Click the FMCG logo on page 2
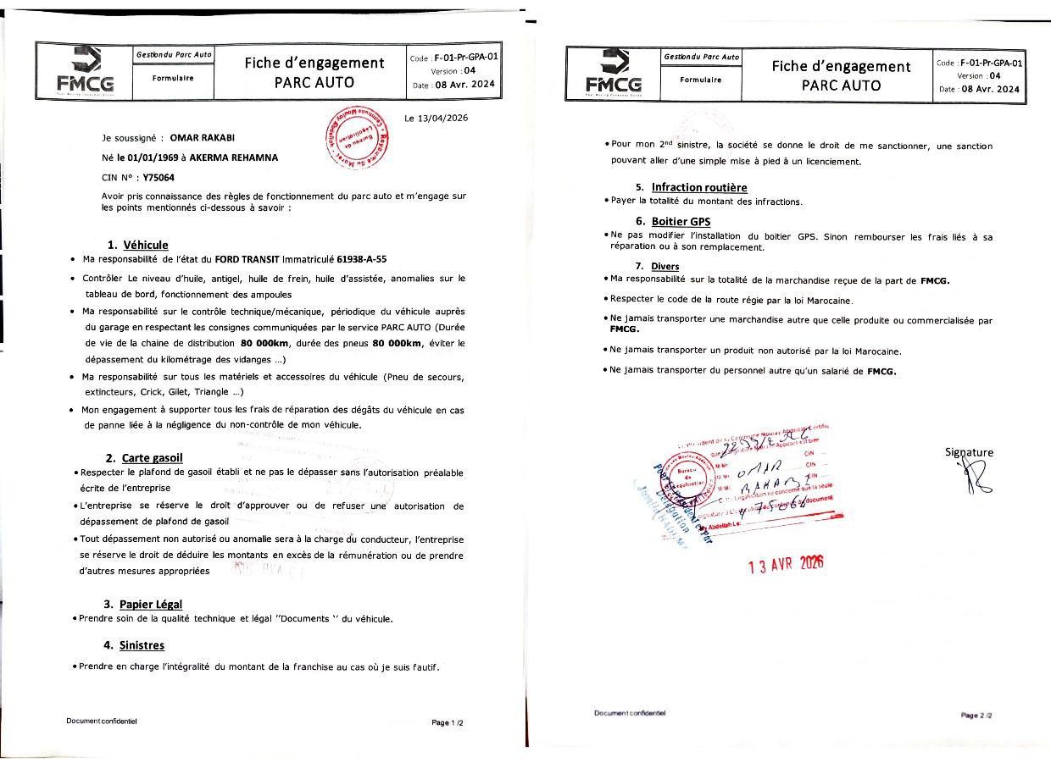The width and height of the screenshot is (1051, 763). click(613, 74)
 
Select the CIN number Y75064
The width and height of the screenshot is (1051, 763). click(160, 178)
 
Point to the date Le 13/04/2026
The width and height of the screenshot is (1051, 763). click(436, 118)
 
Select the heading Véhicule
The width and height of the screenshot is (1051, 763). click(145, 245)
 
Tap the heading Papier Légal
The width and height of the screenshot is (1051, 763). click(150, 604)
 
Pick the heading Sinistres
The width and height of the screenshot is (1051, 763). click(142, 645)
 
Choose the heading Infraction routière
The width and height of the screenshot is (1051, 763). click(699, 186)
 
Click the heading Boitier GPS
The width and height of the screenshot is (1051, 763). click(681, 221)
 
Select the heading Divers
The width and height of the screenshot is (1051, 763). click(665, 266)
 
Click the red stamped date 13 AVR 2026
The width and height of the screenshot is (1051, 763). click(786, 566)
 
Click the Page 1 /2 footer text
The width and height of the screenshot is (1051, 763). click(448, 722)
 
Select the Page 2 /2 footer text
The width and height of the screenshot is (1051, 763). click(976, 716)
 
